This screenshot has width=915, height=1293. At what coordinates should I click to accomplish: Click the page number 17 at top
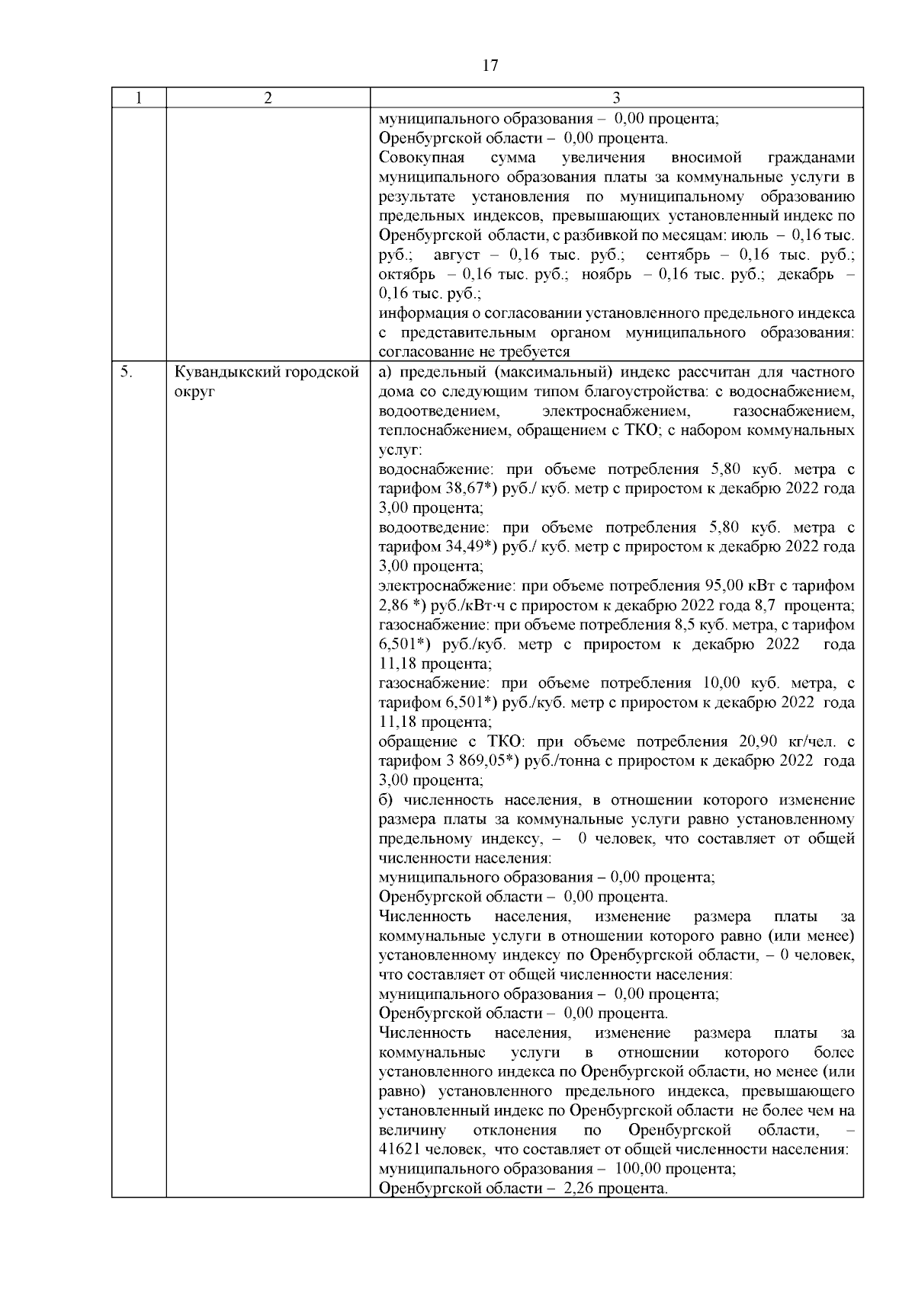pos(490,66)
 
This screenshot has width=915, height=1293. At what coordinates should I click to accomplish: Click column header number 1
pos(138,98)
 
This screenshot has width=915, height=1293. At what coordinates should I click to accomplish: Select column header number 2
pos(268,98)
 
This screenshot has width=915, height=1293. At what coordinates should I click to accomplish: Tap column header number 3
pos(616,98)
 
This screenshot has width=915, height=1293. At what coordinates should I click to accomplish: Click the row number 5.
pos(127,373)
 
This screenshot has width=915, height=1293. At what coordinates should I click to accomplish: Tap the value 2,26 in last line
pos(577,1189)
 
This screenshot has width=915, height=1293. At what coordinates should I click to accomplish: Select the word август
pos(456,254)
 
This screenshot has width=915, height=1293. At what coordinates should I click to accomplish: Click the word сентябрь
pos(677,254)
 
